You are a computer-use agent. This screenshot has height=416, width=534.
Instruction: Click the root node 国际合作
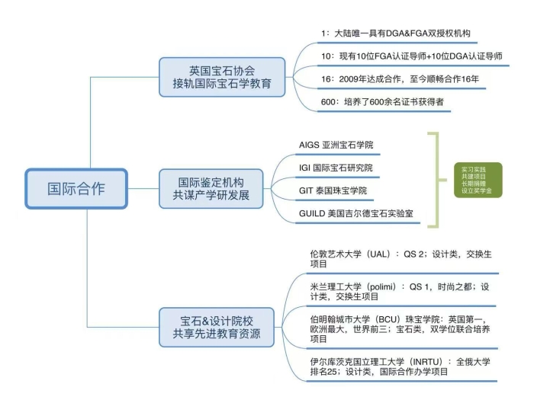coord(76,187)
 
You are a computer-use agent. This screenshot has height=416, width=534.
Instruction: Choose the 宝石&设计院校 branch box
coord(216,325)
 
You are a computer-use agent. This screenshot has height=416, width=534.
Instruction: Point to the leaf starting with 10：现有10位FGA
coord(411,56)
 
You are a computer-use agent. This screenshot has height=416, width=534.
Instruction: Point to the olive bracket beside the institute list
coord(436,180)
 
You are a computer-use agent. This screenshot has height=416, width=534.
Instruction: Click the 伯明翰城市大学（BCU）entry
coord(397,328)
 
